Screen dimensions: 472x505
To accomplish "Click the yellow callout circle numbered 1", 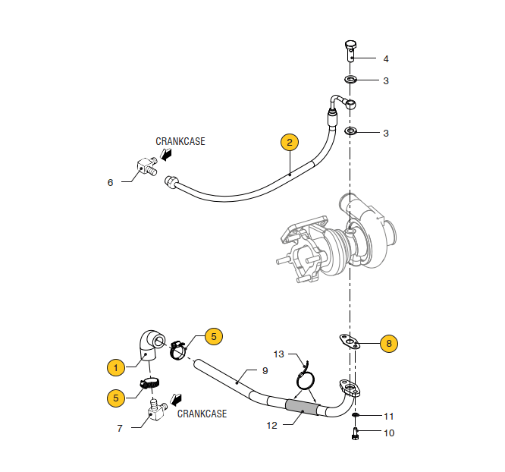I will pos(116,367).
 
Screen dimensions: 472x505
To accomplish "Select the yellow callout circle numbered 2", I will pos(289,142).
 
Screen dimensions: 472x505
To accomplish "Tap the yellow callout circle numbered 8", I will pos(388,343).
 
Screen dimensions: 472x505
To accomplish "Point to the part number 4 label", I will pos(385,58).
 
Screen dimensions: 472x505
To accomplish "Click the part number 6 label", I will pos(111,182).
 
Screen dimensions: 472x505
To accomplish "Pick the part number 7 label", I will pos(120,428).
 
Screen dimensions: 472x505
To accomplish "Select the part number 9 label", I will pos(265,371).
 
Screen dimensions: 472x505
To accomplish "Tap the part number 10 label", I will pos(389,433).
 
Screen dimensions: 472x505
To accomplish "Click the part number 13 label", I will pos(278,354).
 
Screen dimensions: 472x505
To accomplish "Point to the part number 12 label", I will pos(272,426).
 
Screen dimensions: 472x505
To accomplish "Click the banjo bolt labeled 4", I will pos(350,51).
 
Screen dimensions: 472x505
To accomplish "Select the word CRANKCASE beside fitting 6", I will pos(180,141).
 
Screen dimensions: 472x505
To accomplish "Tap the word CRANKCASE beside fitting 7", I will pos(202,414).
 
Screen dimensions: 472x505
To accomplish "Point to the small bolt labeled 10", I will pos(355,434).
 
